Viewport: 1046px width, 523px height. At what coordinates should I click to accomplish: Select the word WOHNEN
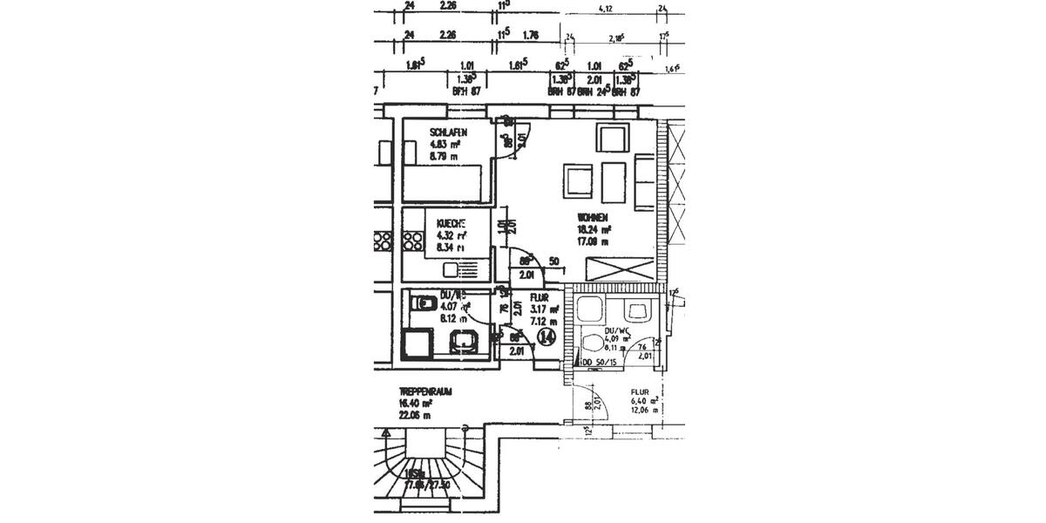click(x=592, y=218)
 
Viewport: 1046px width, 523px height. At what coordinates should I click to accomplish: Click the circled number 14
click(x=547, y=336)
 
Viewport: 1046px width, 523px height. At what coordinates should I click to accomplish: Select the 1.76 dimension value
click(x=531, y=37)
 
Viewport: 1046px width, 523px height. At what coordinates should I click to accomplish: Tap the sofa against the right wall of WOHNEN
click(x=644, y=181)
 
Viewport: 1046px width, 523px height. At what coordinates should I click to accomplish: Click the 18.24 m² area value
click(x=594, y=229)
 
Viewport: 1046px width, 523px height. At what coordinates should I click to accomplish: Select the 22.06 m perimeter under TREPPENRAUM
click(x=415, y=416)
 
